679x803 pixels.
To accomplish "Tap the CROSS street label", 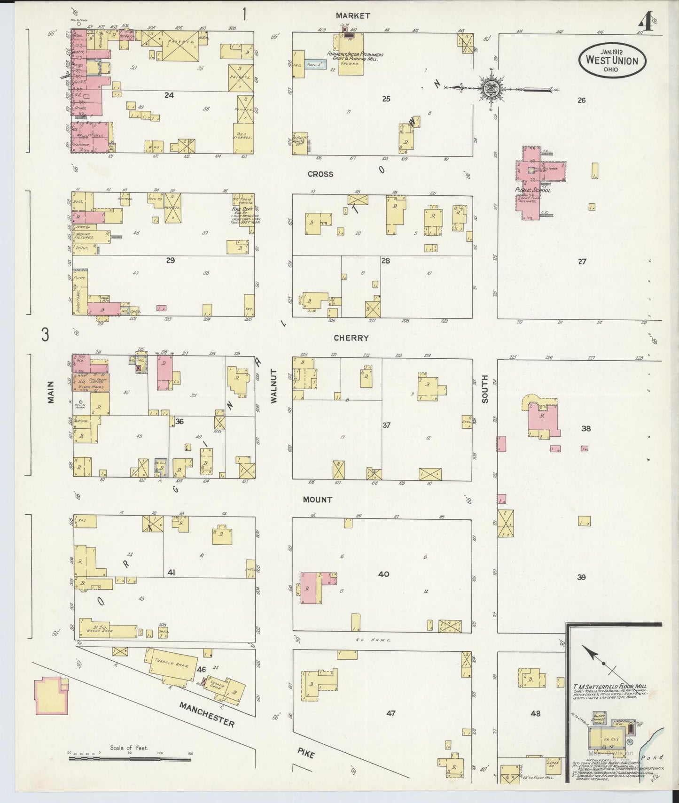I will [x=320, y=174].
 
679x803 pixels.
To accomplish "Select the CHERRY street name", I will [x=351, y=338].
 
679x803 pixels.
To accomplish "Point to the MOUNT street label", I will [x=318, y=500].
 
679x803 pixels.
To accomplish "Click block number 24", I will [x=169, y=95].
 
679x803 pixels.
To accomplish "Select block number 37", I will [x=386, y=425].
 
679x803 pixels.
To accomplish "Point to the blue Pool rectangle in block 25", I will [x=315, y=65].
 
